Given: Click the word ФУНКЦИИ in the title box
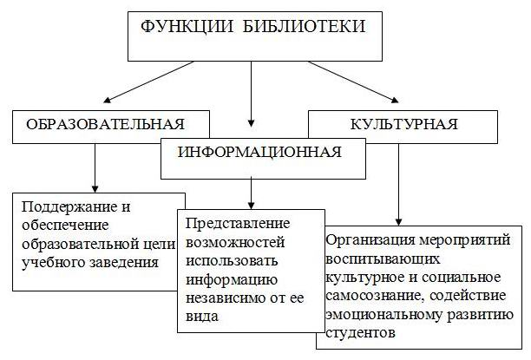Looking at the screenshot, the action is click(x=187, y=27).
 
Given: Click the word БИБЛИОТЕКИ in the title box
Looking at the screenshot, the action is click(x=305, y=26).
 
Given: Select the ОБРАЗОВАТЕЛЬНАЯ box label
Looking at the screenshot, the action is click(x=105, y=124).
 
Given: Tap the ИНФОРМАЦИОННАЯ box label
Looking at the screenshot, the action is click(x=259, y=152).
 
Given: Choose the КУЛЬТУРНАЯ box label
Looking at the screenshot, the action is click(x=403, y=124).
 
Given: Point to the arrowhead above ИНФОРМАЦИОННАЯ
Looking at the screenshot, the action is click(x=251, y=123).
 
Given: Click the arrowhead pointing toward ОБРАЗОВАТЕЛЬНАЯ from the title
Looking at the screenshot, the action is click(x=108, y=100).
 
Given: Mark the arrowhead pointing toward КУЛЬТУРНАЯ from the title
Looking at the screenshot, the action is click(x=395, y=100).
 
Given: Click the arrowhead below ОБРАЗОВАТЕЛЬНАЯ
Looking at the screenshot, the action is click(x=95, y=188).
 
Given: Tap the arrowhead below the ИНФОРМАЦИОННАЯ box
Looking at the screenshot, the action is click(x=251, y=206).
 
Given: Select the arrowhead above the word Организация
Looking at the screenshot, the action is click(x=398, y=221).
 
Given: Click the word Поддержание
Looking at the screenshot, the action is click(x=66, y=207).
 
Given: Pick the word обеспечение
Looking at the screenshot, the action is click(x=65, y=226).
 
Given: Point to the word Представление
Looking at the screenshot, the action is click(x=238, y=224).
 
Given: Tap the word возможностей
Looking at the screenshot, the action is click(x=235, y=242).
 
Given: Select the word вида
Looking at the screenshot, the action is click(x=202, y=317).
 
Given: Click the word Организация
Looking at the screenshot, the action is click(x=370, y=240).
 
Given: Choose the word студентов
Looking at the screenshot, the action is click(x=360, y=332).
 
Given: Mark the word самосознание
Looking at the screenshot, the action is click(x=372, y=296).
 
